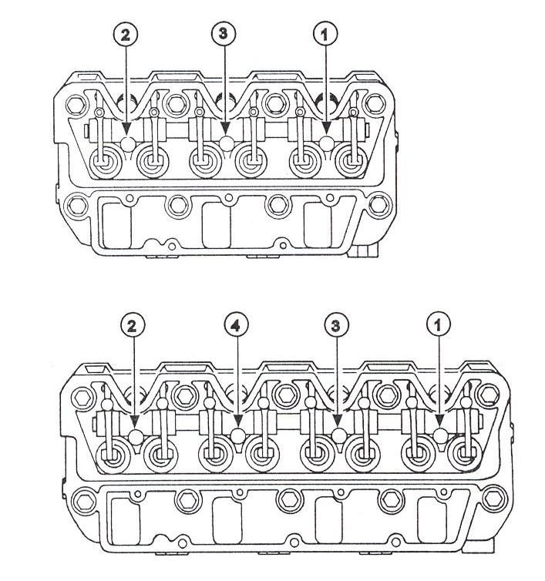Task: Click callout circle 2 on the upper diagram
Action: coord(126,35)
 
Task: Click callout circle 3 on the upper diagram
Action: coord(224,34)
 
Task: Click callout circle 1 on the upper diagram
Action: coord(325,34)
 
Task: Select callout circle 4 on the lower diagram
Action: coord(236,325)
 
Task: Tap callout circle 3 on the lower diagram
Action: coord(336,326)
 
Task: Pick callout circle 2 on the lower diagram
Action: coord(133,326)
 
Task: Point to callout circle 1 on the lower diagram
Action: coord(439,325)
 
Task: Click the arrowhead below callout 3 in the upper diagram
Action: coord(224,129)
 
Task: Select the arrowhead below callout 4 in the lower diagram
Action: coord(237,421)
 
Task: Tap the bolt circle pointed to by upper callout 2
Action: coord(129,143)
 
